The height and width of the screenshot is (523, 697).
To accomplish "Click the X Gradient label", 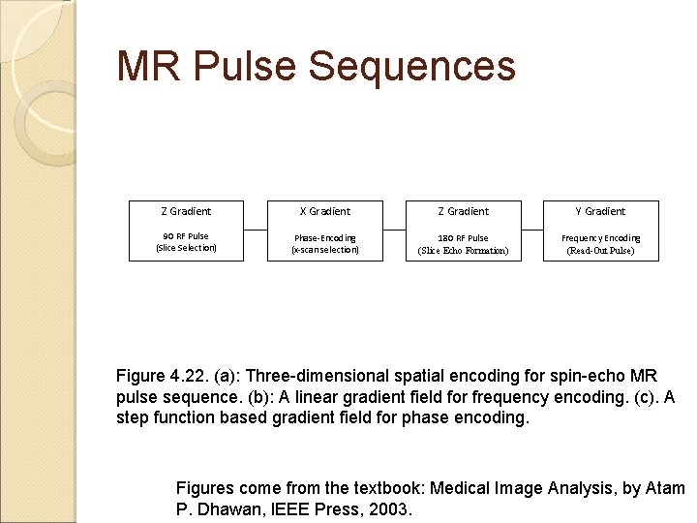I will [324, 211].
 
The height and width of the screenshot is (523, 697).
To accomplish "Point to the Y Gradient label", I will [600, 211].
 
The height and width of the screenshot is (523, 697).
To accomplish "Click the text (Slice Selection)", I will [186, 248].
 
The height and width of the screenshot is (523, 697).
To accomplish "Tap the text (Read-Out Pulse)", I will [600, 251].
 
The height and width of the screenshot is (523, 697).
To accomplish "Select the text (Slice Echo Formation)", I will [463, 251].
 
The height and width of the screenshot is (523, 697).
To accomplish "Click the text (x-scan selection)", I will [324, 250].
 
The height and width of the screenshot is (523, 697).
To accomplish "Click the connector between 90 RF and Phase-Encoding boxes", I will [255, 231].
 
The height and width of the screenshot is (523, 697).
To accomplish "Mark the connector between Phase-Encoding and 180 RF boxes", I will [393, 231].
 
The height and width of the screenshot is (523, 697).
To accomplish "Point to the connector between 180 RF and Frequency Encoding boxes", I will [531, 231].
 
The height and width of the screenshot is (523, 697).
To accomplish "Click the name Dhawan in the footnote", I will [227, 508].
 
